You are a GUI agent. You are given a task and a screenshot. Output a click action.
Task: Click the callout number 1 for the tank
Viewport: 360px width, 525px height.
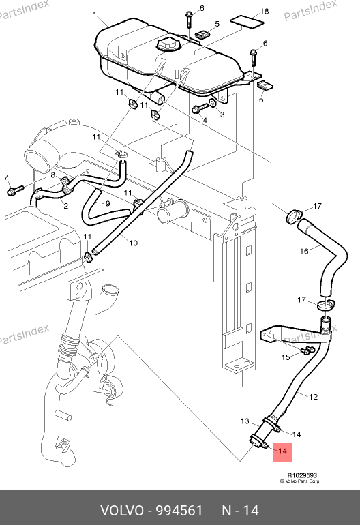click(x=95, y=14)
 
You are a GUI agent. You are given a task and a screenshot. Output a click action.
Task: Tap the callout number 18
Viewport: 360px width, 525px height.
click(x=265, y=12)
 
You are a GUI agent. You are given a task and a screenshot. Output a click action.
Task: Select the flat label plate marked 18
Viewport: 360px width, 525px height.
click(x=247, y=21)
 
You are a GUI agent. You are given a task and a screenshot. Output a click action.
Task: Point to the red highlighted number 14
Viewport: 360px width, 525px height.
click(x=282, y=451)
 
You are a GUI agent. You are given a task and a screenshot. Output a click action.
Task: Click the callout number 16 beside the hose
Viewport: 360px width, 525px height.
click(x=303, y=251)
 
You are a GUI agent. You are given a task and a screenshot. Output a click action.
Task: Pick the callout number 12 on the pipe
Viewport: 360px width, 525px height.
click(x=313, y=397)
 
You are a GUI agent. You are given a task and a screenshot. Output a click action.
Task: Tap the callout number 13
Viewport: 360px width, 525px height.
click(x=245, y=421)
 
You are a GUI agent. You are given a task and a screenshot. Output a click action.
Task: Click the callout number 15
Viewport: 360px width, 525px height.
click(x=286, y=357)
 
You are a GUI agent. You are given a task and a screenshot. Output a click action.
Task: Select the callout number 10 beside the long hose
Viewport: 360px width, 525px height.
click(x=133, y=243)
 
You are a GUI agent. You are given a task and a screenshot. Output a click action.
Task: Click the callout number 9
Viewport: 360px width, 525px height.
click(x=108, y=203)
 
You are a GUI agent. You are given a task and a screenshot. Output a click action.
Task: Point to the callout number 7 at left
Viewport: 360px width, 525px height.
click(x=6, y=177)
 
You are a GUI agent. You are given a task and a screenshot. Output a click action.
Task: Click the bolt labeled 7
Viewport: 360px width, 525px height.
click(x=15, y=190)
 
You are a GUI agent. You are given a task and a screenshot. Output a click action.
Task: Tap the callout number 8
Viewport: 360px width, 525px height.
click(x=53, y=175)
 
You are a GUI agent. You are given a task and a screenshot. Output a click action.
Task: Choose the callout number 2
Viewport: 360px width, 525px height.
click(x=65, y=206)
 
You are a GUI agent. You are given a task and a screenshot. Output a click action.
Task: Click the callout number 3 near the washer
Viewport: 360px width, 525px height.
click(x=222, y=115)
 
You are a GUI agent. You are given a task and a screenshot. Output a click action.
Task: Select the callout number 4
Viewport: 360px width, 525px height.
click(x=205, y=120)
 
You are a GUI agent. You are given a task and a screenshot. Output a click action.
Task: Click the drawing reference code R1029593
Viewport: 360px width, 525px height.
click(x=302, y=475)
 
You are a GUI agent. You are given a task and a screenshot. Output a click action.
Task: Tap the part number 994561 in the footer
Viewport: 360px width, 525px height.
click(x=180, y=511)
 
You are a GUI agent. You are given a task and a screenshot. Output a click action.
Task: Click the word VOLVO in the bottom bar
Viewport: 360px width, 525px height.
click(x=122, y=511)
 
